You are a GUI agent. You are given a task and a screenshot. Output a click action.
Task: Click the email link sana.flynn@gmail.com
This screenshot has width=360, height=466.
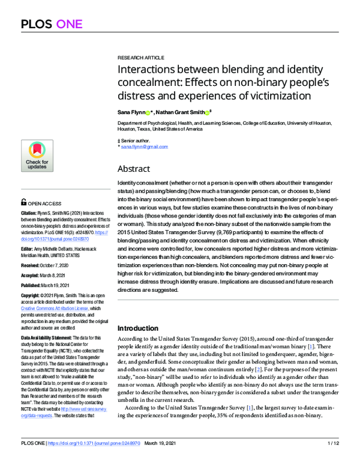(145, 147)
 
